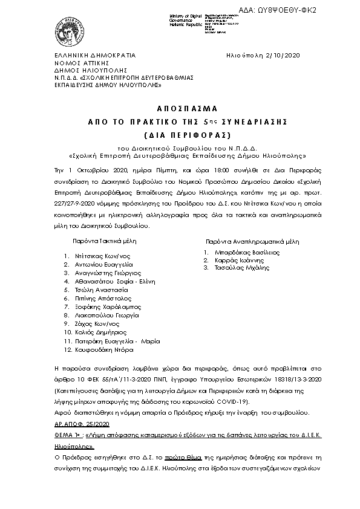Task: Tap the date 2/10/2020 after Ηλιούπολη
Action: (283, 55)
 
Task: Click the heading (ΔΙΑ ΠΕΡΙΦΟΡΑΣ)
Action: (179, 134)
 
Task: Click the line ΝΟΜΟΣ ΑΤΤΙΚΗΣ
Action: (71, 63)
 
